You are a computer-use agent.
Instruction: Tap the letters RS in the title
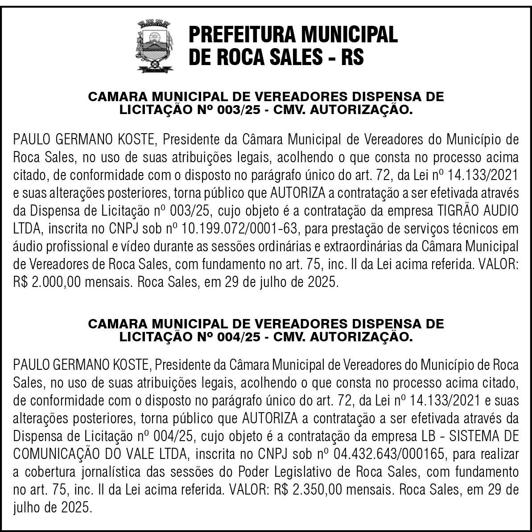pyautogui.click(x=352, y=57)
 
